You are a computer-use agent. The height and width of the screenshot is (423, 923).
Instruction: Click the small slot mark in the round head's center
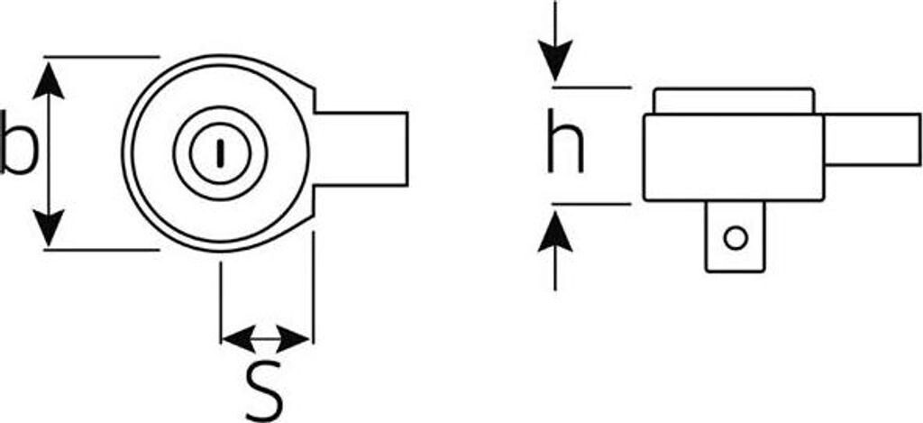[x=219, y=152]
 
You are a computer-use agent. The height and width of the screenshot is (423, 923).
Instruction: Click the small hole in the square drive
[x=736, y=238]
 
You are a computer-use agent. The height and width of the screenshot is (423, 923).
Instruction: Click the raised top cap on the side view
[x=735, y=101]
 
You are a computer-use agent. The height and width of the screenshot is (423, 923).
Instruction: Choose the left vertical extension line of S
[x=221, y=298]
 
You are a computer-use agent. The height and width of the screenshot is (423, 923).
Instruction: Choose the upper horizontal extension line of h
[x=591, y=87]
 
